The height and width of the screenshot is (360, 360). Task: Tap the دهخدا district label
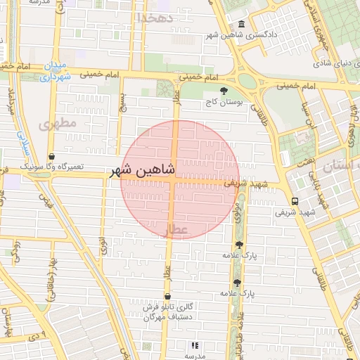click(155, 18)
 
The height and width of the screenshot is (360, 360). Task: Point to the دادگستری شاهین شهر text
click(242, 34)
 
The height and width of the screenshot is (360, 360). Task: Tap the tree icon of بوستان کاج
click(224, 91)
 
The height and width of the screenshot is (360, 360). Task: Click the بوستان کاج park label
click(224, 102)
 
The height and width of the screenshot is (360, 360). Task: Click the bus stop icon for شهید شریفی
click(295, 200)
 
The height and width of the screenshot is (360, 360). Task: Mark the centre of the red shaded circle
click(179, 179)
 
